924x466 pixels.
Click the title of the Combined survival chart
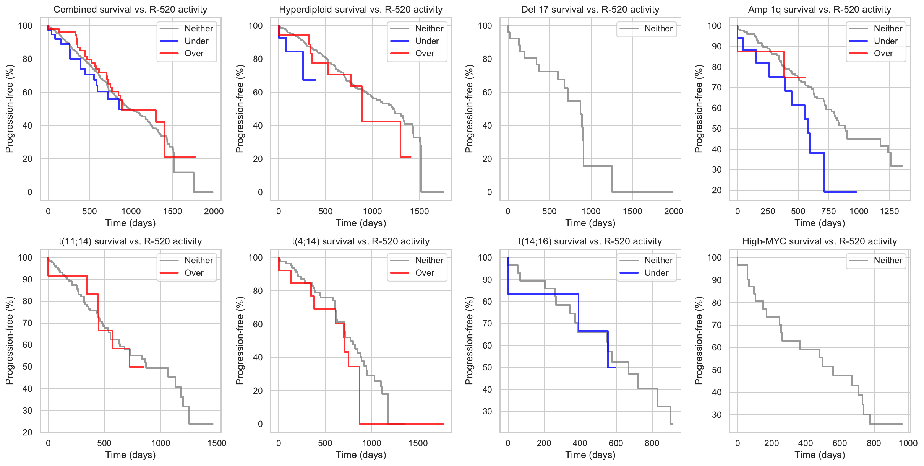[x=130, y=10]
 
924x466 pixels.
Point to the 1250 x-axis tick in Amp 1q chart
[x=889, y=211]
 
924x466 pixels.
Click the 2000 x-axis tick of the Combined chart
[x=214, y=211]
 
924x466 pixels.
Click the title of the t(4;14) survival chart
[x=361, y=241]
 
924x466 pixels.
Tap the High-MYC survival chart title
[x=819, y=241]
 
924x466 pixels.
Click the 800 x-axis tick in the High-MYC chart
[x=874, y=443]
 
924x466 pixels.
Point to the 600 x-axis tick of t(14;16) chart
[x=616, y=443]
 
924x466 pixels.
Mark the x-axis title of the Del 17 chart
[x=590, y=223]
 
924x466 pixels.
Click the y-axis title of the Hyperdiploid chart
[x=240, y=109]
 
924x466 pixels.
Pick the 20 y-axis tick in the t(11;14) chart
[x=28, y=432]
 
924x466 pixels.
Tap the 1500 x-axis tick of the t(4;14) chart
[x=418, y=443]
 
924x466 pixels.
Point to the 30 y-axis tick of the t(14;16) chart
[x=487, y=411]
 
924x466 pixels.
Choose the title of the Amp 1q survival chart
[x=819, y=10]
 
